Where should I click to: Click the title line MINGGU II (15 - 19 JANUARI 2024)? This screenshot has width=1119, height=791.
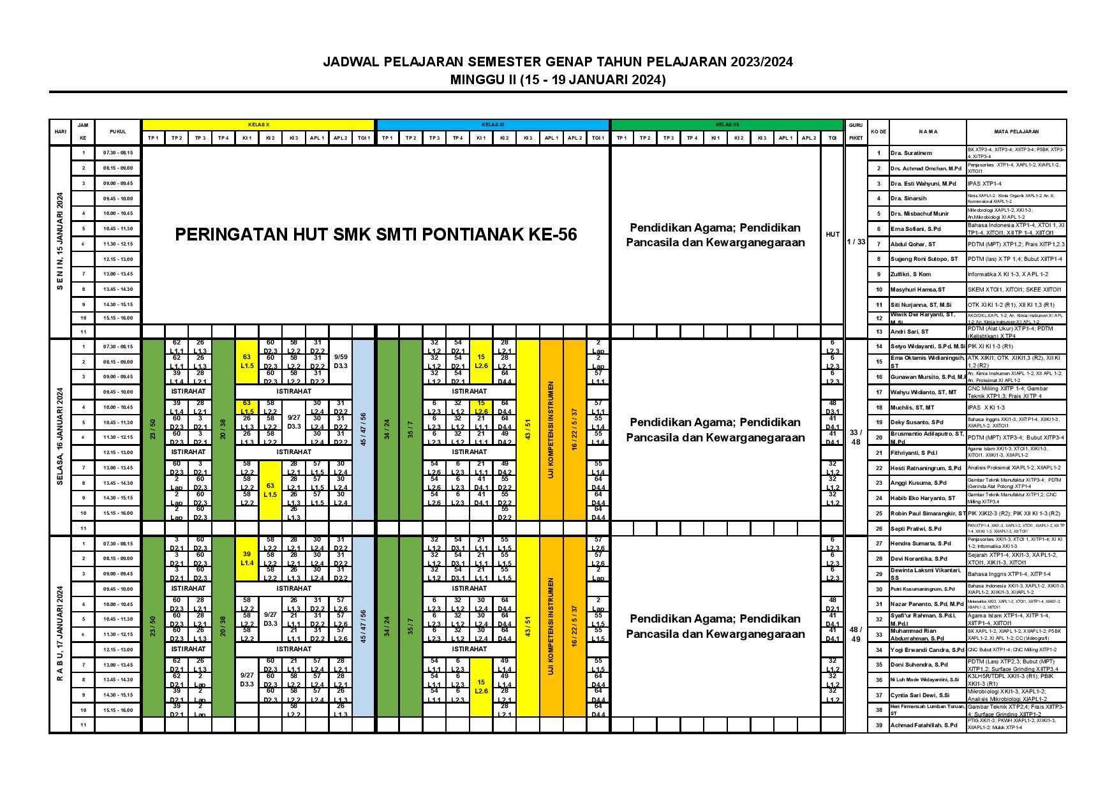558,80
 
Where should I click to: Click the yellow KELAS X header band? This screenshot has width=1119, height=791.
258,124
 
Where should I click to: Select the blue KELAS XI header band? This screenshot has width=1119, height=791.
492,124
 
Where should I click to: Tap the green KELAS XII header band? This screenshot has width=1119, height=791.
727,124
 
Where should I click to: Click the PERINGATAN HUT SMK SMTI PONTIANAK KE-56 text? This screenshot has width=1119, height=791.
376,235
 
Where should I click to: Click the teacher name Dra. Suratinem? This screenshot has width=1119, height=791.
911,153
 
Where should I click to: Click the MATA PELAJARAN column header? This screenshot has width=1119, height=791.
1016,131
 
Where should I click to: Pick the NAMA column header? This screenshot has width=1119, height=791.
928,131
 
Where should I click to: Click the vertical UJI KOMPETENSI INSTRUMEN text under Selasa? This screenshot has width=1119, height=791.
551,430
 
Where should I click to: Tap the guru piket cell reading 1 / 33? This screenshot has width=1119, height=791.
856,241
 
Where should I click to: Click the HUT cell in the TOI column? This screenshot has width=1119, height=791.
832,235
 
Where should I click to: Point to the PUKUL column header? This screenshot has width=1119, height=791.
117,131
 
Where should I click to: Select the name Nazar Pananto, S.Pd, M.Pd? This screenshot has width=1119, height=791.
926,603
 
